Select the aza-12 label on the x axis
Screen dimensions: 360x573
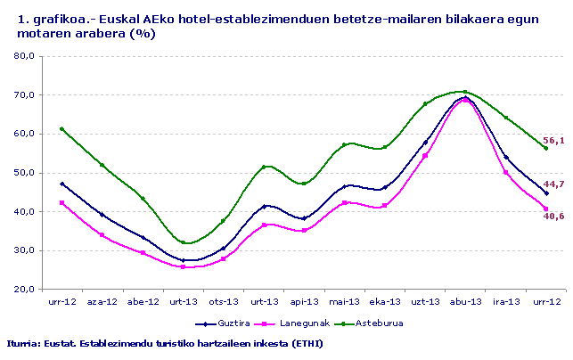(x=102, y=302)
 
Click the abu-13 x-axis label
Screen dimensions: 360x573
(x=465, y=302)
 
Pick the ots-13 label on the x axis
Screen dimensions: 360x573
(x=223, y=302)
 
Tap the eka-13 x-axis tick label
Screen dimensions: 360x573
(x=385, y=302)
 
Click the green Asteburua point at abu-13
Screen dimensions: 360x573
(x=465, y=92)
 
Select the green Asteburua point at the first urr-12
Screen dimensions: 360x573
(x=61, y=129)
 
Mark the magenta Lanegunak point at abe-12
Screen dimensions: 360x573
(x=143, y=253)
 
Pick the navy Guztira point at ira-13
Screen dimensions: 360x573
(x=505, y=157)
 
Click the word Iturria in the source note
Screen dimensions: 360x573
(x=22, y=343)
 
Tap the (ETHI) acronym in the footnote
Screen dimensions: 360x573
(x=306, y=343)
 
